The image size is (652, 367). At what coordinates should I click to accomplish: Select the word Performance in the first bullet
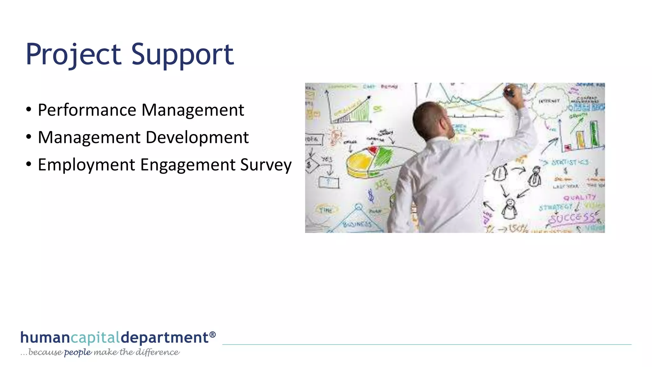tap(87, 110)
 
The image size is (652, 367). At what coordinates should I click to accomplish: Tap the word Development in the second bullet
tap(197, 138)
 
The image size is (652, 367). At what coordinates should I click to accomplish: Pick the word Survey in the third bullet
tap(266, 165)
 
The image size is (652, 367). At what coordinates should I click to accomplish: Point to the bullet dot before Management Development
tap(29, 137)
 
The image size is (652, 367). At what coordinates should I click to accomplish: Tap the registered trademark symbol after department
tap(213, 335)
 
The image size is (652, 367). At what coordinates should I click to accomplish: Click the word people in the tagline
tap(78, 352)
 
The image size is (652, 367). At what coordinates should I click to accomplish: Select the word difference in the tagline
tap(157, 352)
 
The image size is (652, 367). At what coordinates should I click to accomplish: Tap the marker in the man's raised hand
tap(509, 93)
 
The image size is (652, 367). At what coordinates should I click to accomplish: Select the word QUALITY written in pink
tap(579, 198)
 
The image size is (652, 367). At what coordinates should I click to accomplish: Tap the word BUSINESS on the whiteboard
tap(357, 224)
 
